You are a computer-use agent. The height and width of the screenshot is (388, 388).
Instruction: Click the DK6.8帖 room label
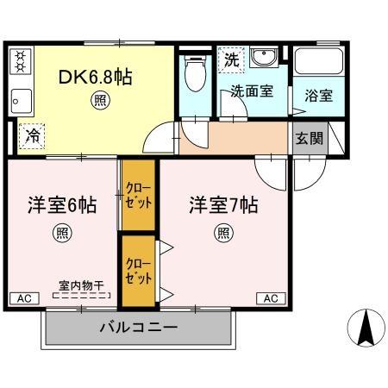click(x=95, y=77)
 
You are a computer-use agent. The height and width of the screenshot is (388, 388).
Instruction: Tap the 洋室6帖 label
click(x=60, y=206)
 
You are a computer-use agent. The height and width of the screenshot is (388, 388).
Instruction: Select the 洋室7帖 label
click(x=224, y=206)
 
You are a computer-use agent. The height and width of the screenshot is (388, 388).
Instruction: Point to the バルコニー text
click(x=138, y=328)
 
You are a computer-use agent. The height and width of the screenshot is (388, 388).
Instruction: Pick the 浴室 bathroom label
click(x=319, y=96)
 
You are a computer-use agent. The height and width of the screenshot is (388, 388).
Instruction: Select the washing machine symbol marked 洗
click(x=230, y=59)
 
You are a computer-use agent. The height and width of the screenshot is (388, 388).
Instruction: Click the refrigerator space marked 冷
click(x=33, y=135)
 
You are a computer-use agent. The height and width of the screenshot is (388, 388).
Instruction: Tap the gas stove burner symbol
click(x=21, y=61)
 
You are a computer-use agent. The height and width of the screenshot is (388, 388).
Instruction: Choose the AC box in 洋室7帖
click(x=269, y=298)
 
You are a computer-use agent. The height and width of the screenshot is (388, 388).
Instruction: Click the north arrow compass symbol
click(x=365, y=329)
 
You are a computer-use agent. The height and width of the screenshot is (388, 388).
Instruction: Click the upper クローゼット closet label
click(x=138, y=196)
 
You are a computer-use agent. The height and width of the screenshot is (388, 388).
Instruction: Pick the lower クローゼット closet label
click(x=138, y=271)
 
